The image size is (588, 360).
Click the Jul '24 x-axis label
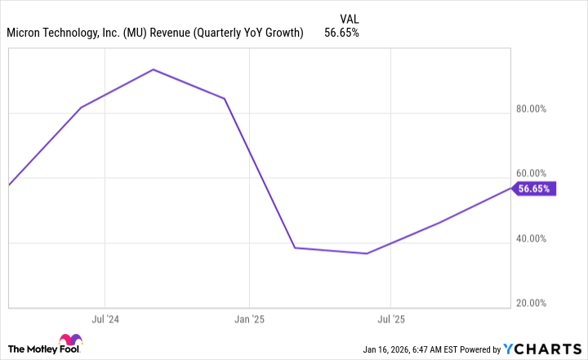[x=105, y=319]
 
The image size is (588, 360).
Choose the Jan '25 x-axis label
[x=249, y=319]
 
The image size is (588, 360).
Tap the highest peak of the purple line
[x=154, y=69]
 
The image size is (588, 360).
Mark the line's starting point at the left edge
[x=9, y=184]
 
